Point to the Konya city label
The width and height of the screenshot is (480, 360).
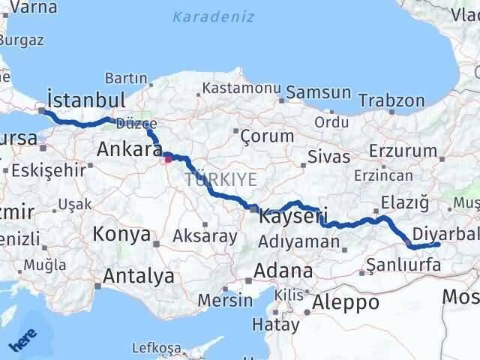121,235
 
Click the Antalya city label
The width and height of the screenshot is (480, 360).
138,276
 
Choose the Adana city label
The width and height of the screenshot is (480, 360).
283,271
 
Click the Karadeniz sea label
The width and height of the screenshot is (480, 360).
213,16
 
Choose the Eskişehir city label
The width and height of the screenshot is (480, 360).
45,170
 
